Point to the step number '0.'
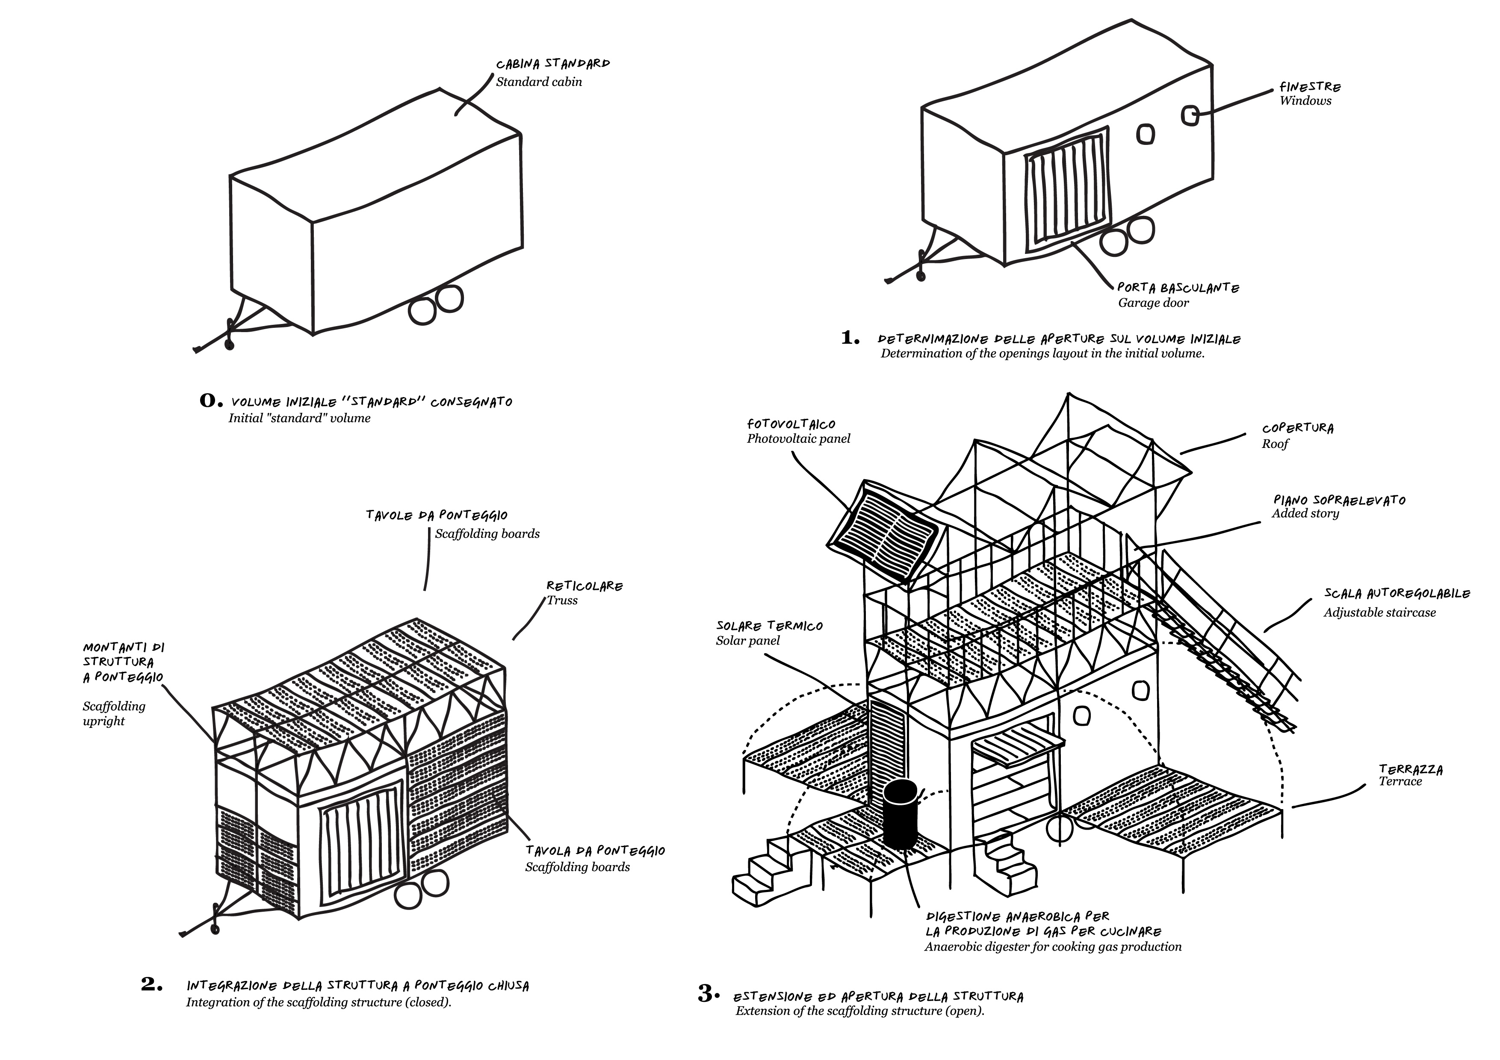click(x=210, y=400)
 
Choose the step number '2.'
click(x=151, y=983)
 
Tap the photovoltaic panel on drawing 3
click(x=883, y=530)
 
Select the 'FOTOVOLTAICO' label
click(x=791, y=424)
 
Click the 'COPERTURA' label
click(x=1297, y=428)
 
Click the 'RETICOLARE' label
click(x=585, y=586)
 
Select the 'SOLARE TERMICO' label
click(x=769, y=626)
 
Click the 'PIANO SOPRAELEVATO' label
click(x=1339, y=500)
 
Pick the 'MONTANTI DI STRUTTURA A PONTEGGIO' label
click(x=123, y=662)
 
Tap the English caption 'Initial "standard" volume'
click(x=299, y=418)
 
